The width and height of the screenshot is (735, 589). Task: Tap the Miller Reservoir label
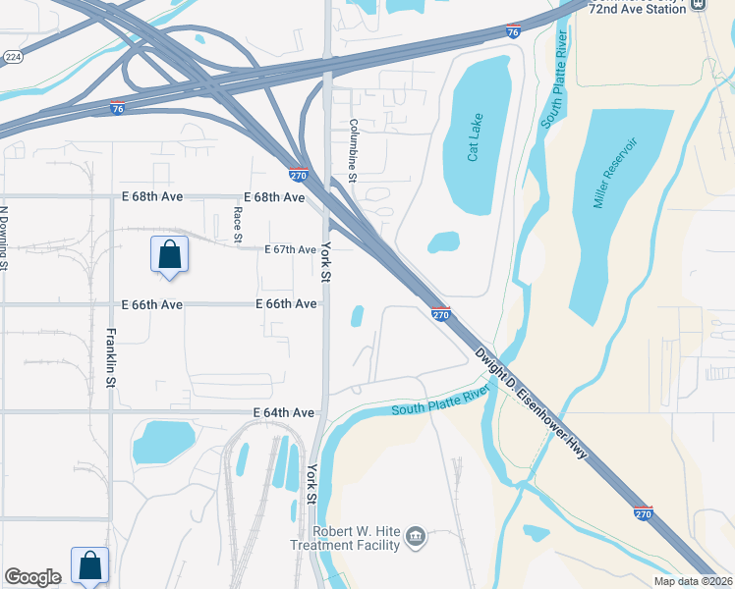pos(615,174)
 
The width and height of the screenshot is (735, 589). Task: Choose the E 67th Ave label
pos(290,250)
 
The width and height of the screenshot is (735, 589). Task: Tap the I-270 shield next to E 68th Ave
pos(300,176)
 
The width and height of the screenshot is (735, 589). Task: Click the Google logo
pos(33,577)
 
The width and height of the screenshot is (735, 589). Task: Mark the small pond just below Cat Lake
pos(443,241)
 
